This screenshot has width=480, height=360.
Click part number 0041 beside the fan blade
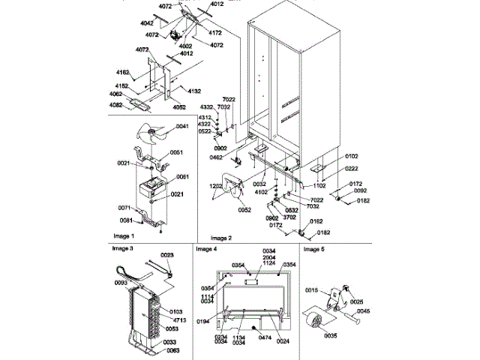181,127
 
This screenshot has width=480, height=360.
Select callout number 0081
126,220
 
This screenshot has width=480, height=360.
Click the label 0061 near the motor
181,177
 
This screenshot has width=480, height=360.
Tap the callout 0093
121,283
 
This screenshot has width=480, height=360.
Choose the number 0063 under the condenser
172,349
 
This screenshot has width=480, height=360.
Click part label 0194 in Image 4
203,321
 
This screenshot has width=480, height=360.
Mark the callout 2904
270,256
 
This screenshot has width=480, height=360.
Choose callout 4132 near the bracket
193,91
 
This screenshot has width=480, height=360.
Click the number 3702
289,217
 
